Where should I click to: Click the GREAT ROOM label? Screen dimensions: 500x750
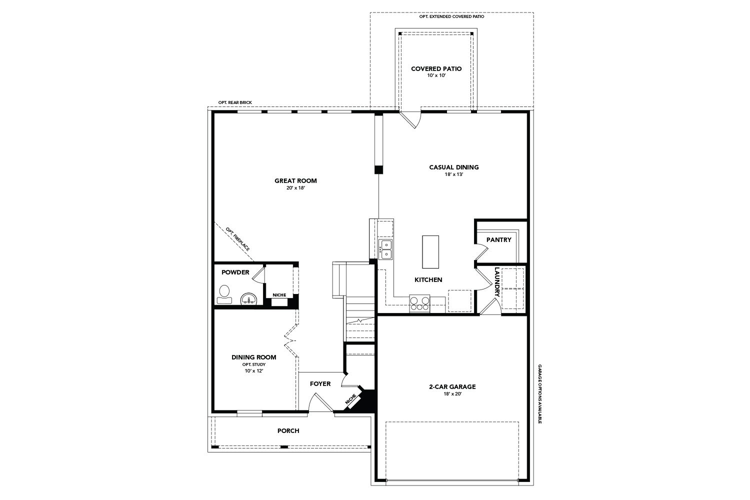(x=295, y=181)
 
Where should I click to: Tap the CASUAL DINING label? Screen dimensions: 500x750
(x=453, y=167)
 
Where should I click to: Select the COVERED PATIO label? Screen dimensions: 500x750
(x=436, y=69)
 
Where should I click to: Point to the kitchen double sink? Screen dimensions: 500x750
(x=385, y=249)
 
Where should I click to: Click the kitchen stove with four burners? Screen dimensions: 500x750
(x=419, y=303)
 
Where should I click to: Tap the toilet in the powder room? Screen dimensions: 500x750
(x=224, y=294)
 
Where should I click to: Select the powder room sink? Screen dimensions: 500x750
(x=248, y=299)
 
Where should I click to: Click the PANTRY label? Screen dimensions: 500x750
(x=498, y=240)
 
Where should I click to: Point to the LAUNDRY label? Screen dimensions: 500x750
(x=497, y=282)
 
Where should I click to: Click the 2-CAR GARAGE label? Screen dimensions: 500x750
(x=452, y=386)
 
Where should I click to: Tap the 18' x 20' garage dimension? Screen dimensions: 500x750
(x=452, y=394)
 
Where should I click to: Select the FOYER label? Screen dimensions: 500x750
(x=320, y=384)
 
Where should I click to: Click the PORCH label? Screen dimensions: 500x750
(x=288, y=430)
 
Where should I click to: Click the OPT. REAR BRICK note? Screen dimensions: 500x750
(x=235, y=102)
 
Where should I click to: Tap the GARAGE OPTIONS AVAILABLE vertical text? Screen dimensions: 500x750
(x=540, y=394)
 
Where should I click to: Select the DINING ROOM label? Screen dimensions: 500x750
(x=253, y=357)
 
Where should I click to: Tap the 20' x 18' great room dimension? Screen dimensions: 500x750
(x=295, y=188)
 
